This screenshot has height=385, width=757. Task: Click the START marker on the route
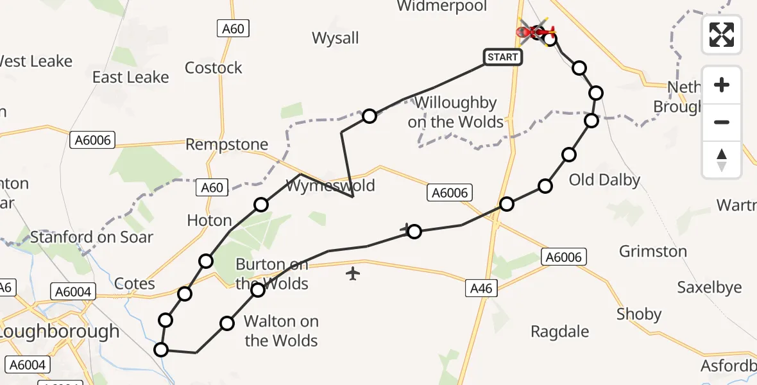(x=502, y=57)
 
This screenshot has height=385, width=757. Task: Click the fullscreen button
(x=722, y=34)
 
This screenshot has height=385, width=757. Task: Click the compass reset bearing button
(x=722, y=159)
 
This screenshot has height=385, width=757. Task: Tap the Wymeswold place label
(x=330, y=187)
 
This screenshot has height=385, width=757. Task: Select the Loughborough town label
(x=60, y=332)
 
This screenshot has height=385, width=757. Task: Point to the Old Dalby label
(x=604, y=180)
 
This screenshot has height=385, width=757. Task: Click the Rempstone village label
(x=226, y=144)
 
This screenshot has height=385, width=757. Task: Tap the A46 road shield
(x=481, y=289)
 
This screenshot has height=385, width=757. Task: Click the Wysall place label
(x=336, y=38)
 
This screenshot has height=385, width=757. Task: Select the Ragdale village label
(x=560, y=332)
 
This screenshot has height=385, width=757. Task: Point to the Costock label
(x=214, y=67)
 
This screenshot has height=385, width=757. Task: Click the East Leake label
(x=130, y=77)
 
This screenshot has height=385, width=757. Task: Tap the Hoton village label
(x=209, y=220)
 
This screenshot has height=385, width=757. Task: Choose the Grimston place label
(x=653, y=251)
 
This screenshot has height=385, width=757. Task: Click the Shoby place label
(x=639, y=314)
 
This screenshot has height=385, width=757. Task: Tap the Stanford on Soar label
(x=92, y=237)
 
